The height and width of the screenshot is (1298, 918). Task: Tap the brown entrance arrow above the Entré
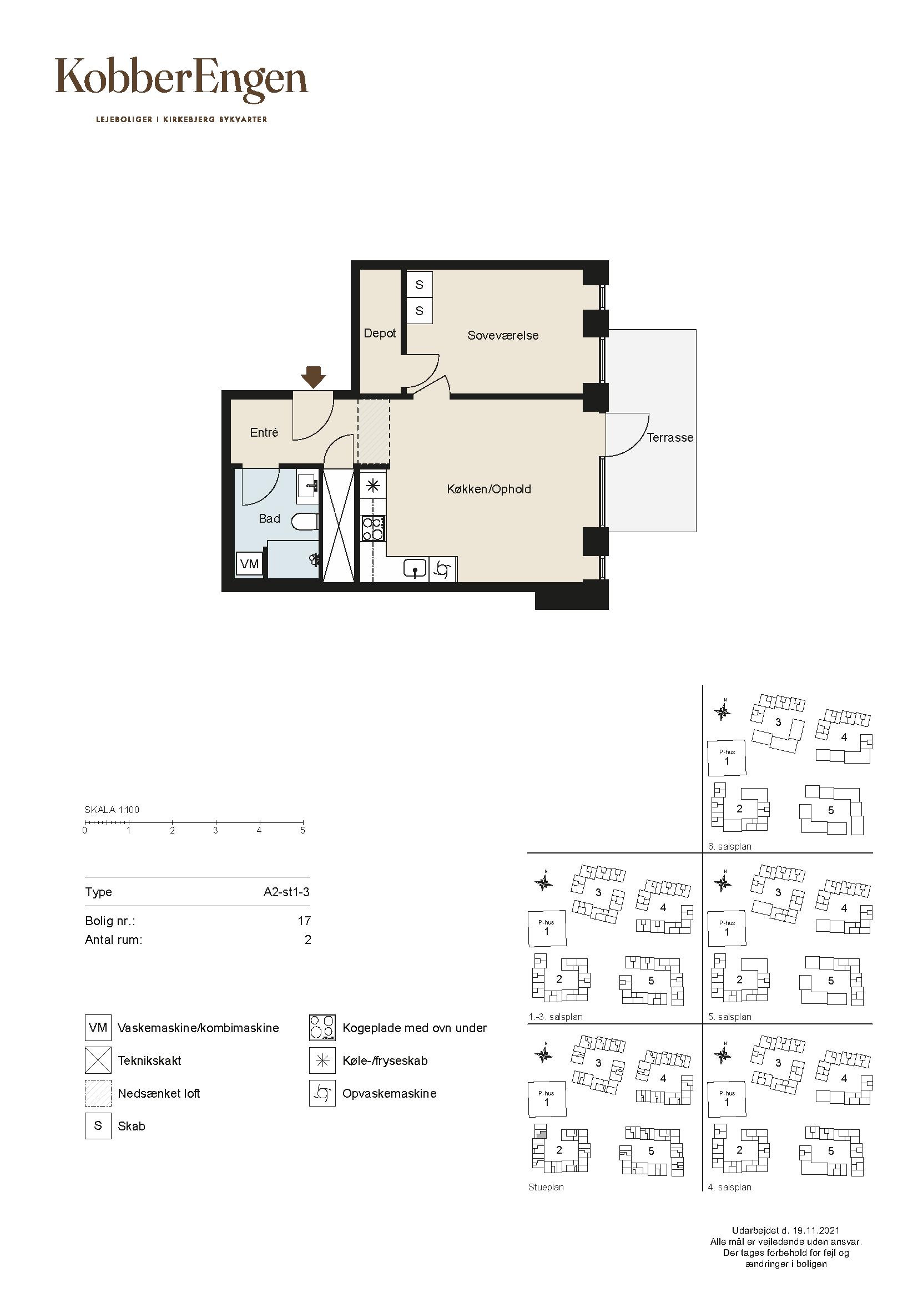tap(313, 377)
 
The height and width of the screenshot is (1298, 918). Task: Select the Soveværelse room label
tap(502, 335)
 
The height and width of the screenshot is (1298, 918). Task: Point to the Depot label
tap(379, 334)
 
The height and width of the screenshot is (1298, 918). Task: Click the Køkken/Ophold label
tap(489, 489)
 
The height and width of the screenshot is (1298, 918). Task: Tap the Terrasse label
tap(670, 437)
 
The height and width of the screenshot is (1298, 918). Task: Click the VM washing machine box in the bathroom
tap(249, 564)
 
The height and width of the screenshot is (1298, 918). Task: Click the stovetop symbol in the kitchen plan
tap(373, 529)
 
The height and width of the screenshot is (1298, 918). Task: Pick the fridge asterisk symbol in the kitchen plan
tap(373, 486)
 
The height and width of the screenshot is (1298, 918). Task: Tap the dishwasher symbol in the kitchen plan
tap(443, 570)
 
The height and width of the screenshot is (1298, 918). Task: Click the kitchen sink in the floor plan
tap(416, 569)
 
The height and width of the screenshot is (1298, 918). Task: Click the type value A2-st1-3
tap(286, 892)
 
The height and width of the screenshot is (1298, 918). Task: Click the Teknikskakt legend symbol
tap(98, 1060)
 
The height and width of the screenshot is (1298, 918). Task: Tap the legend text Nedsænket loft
tap(159, 1093)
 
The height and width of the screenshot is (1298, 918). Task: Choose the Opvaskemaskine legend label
tap(390, 1093)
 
